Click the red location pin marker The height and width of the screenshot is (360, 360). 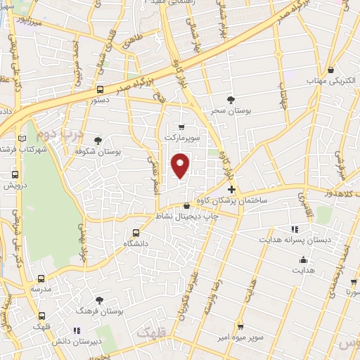pyautogui.click(x=181, y=165)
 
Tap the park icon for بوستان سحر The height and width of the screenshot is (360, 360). pyautogui.click(x=231, y=99)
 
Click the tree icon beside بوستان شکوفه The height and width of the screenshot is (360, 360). pyautogui.click(x=98, y=141)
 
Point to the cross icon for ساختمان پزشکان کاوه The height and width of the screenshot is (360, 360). pyautogui.click(x=231, y=190)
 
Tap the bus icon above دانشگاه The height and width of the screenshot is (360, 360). pyautogui.click(x=136, y=232)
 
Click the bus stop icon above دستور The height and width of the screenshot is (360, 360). pyautogui.click(x=100, y=90)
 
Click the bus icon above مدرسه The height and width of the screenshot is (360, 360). pyautogui.click(x=41, y=278)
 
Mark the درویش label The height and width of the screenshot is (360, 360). pyautogui.click(x=15, y=186)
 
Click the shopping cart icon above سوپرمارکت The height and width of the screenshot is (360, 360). pyautogui.click(x=182, y=127)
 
